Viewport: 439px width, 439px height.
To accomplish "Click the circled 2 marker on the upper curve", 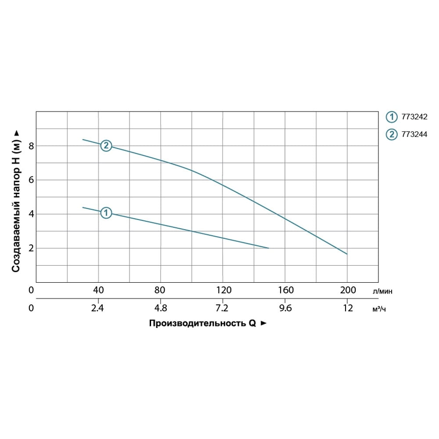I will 106,146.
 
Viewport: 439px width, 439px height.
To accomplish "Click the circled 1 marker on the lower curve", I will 106,213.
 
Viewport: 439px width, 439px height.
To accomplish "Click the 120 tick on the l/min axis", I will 223,290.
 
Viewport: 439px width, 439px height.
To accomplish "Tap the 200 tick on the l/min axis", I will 348,290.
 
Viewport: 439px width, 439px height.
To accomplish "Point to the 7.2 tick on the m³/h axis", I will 223,308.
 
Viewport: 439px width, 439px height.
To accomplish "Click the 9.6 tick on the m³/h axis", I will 285,308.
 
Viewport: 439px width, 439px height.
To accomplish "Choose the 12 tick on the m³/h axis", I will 348,308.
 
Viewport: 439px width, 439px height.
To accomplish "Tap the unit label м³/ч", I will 379,309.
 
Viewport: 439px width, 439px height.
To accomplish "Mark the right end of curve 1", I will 268,248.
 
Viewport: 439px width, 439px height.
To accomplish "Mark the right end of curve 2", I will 347,254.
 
